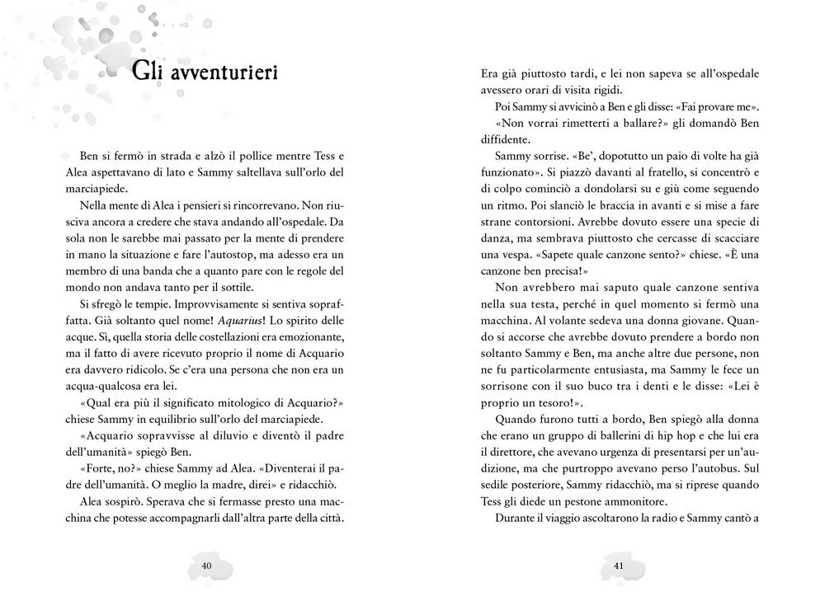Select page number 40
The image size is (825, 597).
point(206,565)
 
